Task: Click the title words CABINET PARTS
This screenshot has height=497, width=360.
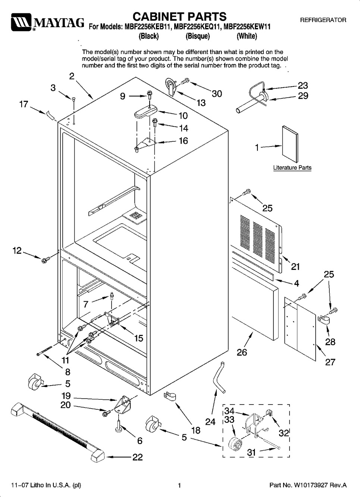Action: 179,17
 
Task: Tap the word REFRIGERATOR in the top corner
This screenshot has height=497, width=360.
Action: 323,20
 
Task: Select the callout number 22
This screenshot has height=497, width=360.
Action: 137,457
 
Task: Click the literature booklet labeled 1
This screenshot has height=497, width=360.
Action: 290,144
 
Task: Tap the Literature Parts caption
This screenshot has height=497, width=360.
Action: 292,167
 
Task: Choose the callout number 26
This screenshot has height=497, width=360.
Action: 242,352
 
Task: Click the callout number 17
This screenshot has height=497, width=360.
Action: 24,104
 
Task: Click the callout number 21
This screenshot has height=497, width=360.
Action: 295,267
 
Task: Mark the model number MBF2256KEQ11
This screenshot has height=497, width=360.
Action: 197,27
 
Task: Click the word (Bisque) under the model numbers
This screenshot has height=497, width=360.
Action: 198,36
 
